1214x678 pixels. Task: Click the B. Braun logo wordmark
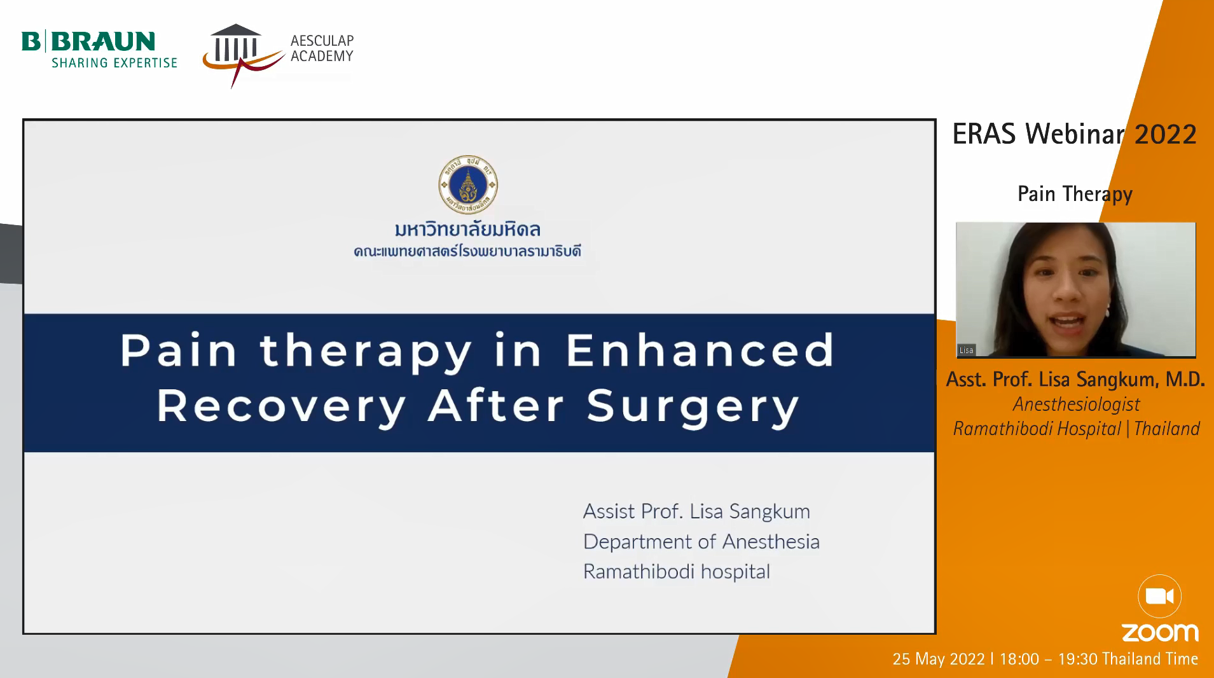(x=88, y=41)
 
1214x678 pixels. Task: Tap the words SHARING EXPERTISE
(x=114, y=63)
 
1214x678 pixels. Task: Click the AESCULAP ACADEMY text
(x=322, y=48)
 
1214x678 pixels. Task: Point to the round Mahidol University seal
(x=468, y=185)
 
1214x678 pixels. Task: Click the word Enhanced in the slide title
(x=700, y=350)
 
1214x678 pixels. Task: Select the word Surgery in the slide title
(x=693, y=407)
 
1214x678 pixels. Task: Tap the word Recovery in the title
(x=282, y=407)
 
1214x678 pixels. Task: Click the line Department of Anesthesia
(x=701, y=541)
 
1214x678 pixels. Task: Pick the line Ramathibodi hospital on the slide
(x=677, y=571)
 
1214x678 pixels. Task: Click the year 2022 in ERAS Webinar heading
(x=1166, y=134)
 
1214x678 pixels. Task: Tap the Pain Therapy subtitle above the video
(x=1075, y=194)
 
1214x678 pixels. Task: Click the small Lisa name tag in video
(x=966, y=350)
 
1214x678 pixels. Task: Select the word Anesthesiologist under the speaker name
(x=1076, y=405)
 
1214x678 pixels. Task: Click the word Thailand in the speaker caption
(x=1167, y=429)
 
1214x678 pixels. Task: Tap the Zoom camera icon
(x=1159, y=597)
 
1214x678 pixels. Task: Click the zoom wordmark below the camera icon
(x=1160, y=633)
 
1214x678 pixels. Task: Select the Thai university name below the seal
(x=467, y=230)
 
